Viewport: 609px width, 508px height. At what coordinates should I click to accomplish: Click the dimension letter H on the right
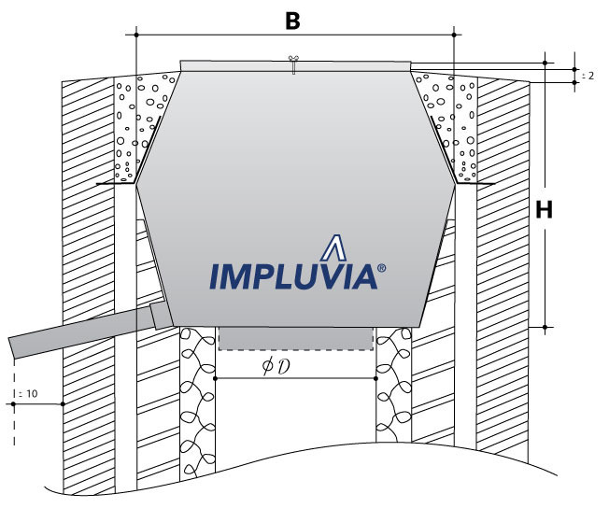tap(545, 210)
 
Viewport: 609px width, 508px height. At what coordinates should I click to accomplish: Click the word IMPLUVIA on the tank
tap(292, 276)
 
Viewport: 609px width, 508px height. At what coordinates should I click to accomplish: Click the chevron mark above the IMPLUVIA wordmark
tap(333, 247)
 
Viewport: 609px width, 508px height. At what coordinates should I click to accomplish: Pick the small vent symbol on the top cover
tap(293, 64)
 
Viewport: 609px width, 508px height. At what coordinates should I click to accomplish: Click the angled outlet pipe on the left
tap(75, 334)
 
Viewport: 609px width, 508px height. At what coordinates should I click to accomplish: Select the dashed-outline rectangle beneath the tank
tap(295, 338)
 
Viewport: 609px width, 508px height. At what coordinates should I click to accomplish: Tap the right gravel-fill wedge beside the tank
tap(450, 126)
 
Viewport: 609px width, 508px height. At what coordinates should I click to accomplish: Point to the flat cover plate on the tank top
tap(294, 65)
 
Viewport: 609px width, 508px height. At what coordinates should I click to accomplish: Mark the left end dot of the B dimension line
tap(136, 35)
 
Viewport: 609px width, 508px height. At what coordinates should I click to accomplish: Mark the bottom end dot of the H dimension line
tap(545, 328)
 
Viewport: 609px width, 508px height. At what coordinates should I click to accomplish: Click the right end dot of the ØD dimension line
tap(375, 379)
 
